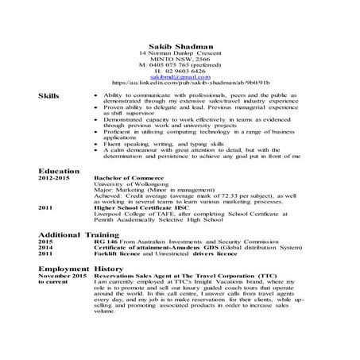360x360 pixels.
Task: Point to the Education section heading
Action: click(x=59, y=171)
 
